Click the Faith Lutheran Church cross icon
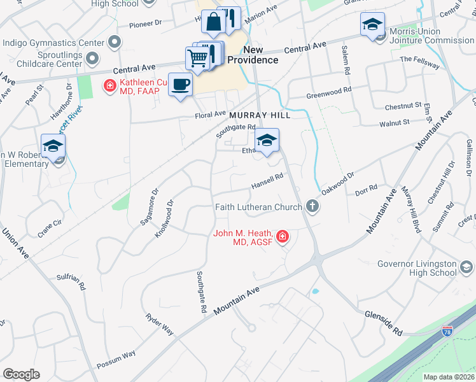[x=312, y=206]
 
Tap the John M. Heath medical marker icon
[x=282, y=237]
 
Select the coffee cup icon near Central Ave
[x=181, y=84]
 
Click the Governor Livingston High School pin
[x=467, y=267]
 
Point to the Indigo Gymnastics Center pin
[x=115, y=43]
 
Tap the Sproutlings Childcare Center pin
[x=92, y=60]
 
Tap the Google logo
[x=21, y=374]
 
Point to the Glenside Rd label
[x=384, y=323]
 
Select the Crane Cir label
[x=50, y=229]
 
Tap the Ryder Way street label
[x=160, y=324]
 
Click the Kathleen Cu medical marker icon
[x=109, y=84]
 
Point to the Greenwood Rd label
[x=328, y=93]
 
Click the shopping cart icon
[x=197, y=58]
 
